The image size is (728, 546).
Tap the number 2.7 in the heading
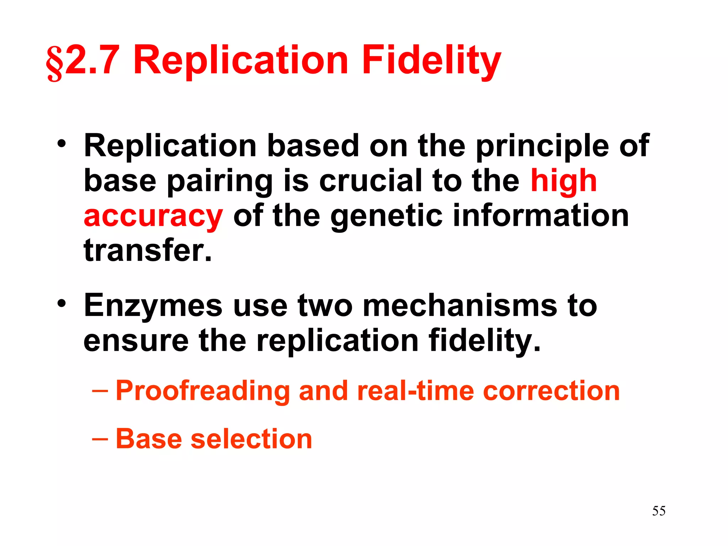tap(92, 60)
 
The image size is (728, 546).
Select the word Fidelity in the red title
tap(431, 61)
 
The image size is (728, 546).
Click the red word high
tap(563, 181)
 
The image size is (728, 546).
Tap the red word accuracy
tap(153, 217)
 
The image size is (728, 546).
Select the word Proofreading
tap(203, 391)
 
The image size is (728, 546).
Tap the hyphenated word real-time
tap(416, 391)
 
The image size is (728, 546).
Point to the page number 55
tap(659, 511)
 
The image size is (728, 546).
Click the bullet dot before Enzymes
tap(62, 304)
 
